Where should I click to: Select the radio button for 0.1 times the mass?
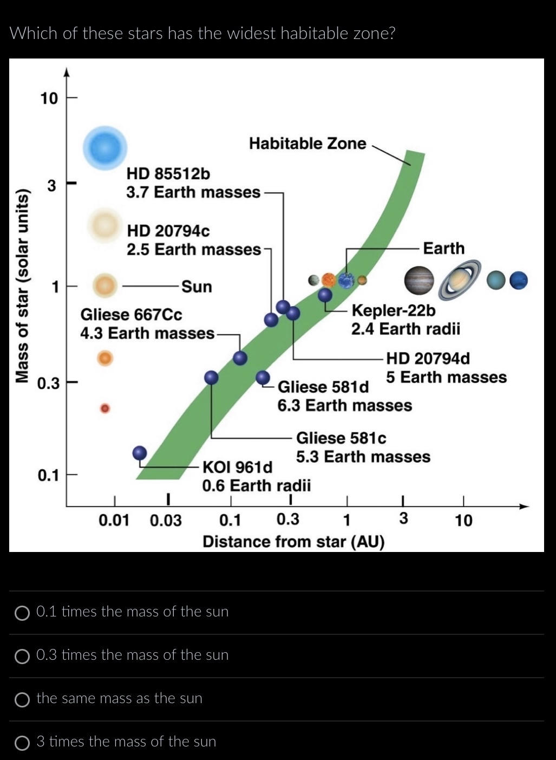coord(22,613)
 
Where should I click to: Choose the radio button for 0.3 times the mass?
coord(22,656)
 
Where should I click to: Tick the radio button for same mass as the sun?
coord(22,699)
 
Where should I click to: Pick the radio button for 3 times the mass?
coord(22,743)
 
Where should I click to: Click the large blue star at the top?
coord(104,147)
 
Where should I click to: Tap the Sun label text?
coord(197,286)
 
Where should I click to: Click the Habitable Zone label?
coord(308,144)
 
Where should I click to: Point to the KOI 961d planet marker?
coord(140,453)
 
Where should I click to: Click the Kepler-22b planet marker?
coord(325,295)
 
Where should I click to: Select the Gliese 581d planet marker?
coord(263,378)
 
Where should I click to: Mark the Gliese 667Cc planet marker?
coord(240,358)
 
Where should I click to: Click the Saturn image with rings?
coord(460,280)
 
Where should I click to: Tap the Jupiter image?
coord(419,281)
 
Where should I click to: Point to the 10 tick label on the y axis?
coord(49,99)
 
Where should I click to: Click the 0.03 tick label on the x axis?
coord(166,521)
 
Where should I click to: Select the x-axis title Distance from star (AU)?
coord(293,541)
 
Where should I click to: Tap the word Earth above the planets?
coord(443,248)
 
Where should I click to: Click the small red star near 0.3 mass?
coord(106,408)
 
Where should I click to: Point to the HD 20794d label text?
coord(428,359)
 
